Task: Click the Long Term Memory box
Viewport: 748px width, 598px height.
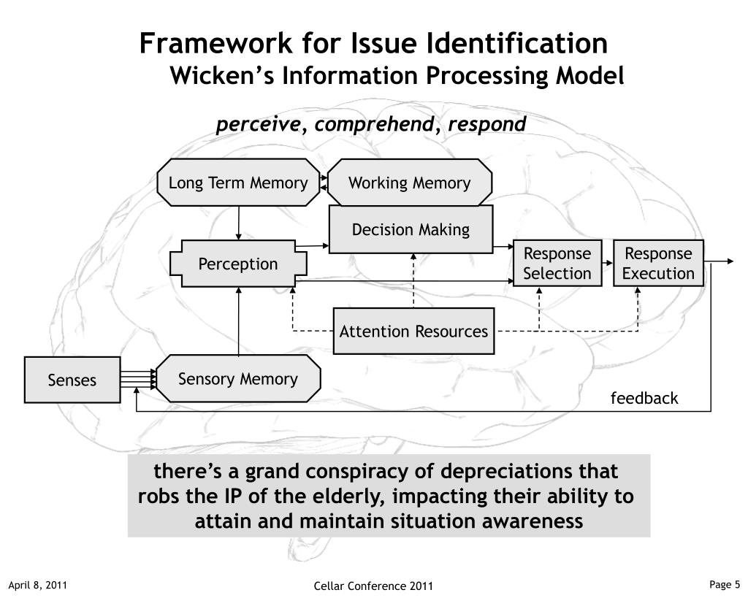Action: (x=238, y=183)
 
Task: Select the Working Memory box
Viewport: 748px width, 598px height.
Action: (x=409, y=183)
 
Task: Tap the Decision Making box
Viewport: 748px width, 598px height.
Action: (x=411, y=229)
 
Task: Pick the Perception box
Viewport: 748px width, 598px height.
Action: (x=238, y=264)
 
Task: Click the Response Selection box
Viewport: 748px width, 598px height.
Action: (x=557, y=264)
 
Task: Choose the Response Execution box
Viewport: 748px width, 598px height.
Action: (x=658, y=264)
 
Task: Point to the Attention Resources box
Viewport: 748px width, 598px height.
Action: (x=413, y=331)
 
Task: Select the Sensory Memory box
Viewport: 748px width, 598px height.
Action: (x=238, y=379)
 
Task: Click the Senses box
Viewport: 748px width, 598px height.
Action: (x=72, y=380)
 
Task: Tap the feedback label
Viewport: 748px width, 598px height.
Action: (x=644, y=398)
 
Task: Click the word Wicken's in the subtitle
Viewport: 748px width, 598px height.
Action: (x=222, y=76)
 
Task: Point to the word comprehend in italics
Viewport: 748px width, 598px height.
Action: (x=375, y=124)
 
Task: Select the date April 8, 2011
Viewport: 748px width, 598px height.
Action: (x=38, y=585)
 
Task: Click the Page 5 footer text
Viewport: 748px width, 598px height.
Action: (x=725, y=584)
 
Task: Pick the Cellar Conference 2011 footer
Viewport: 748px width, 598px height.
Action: (x=373, y=586)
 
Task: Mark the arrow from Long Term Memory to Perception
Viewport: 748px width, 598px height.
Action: (x=239, y=223)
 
